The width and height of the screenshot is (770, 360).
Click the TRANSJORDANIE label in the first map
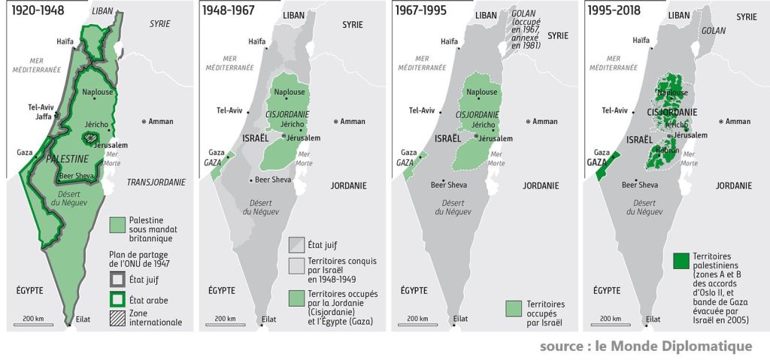click(156, 182)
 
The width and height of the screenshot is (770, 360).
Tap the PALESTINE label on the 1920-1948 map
click(68, 159)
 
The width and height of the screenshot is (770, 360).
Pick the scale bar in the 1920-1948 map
click(34, 324)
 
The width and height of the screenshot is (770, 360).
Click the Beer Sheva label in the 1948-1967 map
click(271, 180)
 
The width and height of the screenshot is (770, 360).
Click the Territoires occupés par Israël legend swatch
click(514, 309)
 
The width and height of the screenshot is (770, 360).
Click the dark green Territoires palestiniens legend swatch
click(681, 261)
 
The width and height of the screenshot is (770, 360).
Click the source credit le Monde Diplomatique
click(645, 346)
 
